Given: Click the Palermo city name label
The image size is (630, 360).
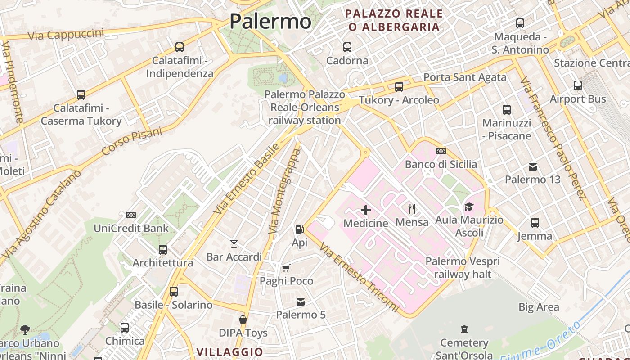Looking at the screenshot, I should (270, 21).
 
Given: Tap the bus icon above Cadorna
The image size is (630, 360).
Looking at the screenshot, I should (347, 47).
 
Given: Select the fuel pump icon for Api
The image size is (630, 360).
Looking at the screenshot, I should (299, 229).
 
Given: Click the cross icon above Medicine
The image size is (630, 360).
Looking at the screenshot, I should (366, 210).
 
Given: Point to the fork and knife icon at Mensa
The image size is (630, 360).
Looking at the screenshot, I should (411, 208).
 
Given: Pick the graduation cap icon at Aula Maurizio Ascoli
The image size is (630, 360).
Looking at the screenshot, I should (469, 207).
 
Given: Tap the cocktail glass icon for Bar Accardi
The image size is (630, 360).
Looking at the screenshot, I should (234, 244).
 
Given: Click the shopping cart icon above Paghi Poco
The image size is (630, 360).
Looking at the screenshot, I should (286, 268).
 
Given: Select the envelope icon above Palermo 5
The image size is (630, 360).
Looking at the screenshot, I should (300, 301).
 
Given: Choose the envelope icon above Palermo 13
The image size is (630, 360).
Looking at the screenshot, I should (533, 167).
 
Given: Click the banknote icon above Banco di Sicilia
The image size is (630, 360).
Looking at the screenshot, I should (441, 151).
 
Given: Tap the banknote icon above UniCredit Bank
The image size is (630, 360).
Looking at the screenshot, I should (131, 215).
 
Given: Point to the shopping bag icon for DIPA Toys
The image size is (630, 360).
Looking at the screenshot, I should (243, 319).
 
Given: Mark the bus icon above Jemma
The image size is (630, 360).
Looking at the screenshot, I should (535, 223).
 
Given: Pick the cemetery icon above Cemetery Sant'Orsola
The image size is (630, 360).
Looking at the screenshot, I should (464, 330).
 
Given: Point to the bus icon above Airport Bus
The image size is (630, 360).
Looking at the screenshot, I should (578, 85).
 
